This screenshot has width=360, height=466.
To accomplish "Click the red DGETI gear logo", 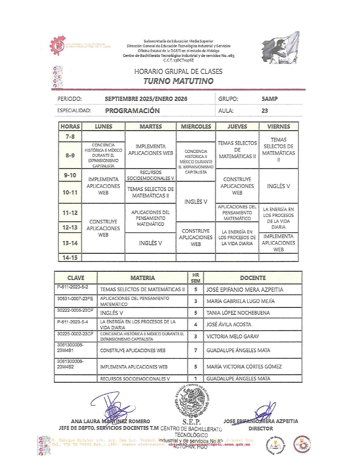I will [x=58, y=45].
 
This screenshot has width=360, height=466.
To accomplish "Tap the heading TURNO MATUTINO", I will [x=178, y=81].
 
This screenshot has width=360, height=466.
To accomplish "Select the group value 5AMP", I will [x=269, y=99].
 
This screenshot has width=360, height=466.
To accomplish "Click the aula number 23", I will [x=265, y=111].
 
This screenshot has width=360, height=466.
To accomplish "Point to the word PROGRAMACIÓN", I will [x=132, y=111].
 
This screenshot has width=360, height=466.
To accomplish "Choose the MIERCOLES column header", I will [x=196, y=127].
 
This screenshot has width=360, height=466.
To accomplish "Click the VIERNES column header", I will [x=278, y=127].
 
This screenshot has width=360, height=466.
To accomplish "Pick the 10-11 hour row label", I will [x=70, y=192].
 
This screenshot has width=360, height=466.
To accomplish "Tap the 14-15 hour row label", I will [x=70, y=258].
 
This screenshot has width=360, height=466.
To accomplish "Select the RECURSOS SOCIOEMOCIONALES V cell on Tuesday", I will [x=150, y=175].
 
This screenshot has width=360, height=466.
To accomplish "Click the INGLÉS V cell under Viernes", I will [x=278, y=186].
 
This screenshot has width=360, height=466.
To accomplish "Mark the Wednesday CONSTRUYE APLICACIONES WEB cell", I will [x=196, y=238].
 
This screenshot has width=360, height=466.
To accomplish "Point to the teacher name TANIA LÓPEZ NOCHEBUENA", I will [x=238, y=313].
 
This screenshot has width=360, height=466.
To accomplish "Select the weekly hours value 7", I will [x=195, y=350].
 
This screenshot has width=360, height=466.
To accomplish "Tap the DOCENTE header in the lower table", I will [x=253, y=278].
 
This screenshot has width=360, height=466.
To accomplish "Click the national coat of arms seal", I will [x=192, y=401].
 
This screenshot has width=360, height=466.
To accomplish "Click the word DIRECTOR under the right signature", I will [x=260, y=428].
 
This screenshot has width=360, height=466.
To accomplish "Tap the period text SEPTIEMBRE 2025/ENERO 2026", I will [x=146, y=99].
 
